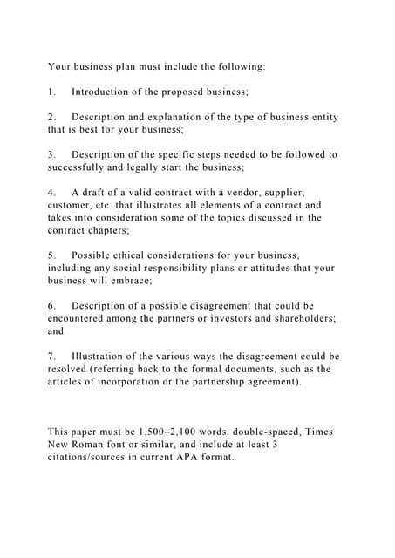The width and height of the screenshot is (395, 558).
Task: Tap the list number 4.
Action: click(x=51, y=192)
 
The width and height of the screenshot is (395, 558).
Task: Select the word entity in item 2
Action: click(x=320, y=117)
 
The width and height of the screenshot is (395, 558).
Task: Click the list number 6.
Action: click(x=51, y=306)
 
